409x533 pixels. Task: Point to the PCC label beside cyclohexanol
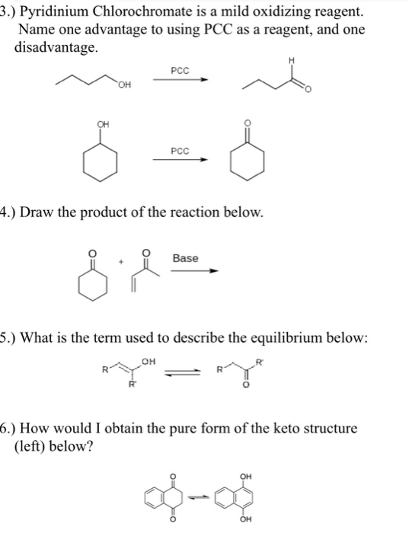[180, 150]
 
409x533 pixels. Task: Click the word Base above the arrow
[185, 258]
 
